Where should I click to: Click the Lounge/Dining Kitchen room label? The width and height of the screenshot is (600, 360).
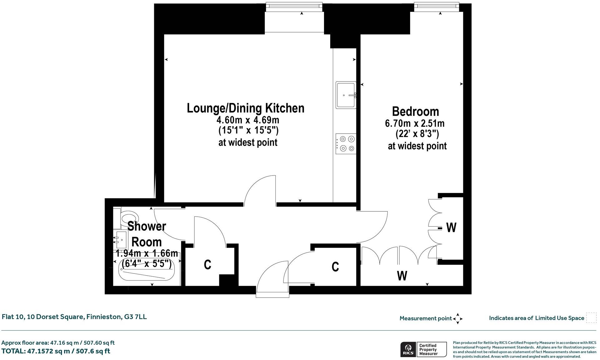pyautogui.click(x=245, y=108)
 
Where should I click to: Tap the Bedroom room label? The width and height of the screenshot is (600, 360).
pyautogui.click(x=415, y=111)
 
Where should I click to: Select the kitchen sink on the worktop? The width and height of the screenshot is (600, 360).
pyautogui.click(x=346, y=95)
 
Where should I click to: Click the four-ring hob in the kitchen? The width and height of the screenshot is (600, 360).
pyautogui.click(x=346, y=144)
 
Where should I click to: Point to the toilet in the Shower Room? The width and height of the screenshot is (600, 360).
pyautogui.click(x=129, y=217)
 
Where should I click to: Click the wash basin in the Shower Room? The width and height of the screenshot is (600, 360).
pyautogui.click(x=121, y=239)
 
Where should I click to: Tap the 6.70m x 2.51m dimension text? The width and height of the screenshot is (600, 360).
pyautogui.click(x=415, y=123)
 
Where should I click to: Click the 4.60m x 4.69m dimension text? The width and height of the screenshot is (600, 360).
pyautogui.click(x=248, y=120)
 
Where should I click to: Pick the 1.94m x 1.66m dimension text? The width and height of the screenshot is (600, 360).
pyautogui.click(x=147, y=253)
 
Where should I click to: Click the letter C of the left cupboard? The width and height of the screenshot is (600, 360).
pyautogui.click(x=207, y=264)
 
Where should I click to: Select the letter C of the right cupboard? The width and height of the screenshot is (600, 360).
pyautogui.click(x=335, y=267)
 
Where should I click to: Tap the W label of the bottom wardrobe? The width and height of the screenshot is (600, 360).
pyautogui.click(x=402, y=276)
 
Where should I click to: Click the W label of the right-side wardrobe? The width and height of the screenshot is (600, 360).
pyautogui.click(x=451, y=228)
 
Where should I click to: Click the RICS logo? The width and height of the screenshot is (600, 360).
pyautogui.click(x=408, y=349)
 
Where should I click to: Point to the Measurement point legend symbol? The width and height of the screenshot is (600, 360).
pyautogui.click(x=458, y=318)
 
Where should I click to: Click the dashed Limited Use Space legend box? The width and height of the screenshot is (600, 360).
pyautogui.click(x=591, y=318)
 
